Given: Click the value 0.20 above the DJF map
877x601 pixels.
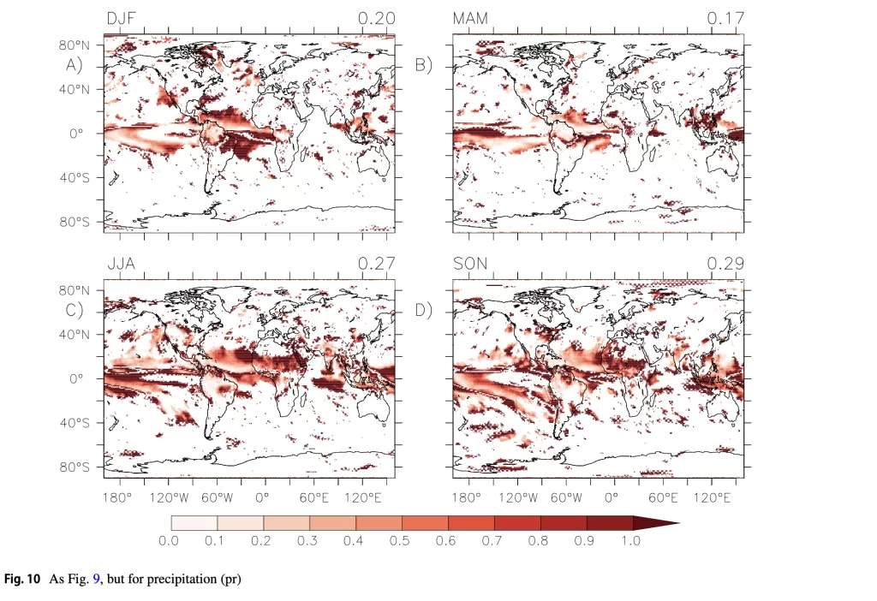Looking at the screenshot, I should point(377,18).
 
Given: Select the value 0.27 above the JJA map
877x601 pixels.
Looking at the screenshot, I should point(377,264).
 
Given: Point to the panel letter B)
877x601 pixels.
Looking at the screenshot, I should point(424,64).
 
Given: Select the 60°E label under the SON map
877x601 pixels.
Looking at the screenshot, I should point(664,497).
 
